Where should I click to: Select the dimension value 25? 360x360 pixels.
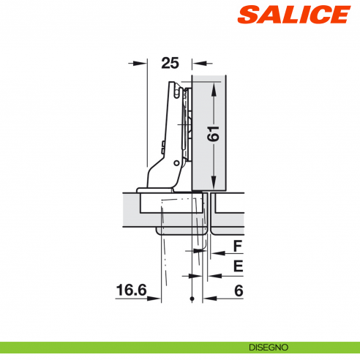pos(170,64)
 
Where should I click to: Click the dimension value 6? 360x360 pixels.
pos(238,290)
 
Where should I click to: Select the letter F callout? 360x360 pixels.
pos(238,246)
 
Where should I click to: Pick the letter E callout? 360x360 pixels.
pos(238,267)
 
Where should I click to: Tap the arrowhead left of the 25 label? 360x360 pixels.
pos(142,64)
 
